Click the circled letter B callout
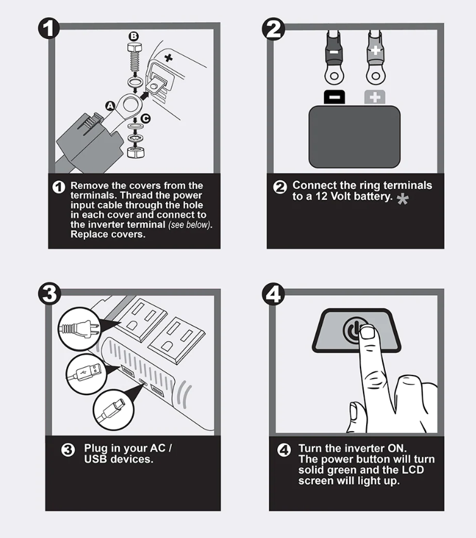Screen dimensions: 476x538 pyautogui.click(x=134, y=37)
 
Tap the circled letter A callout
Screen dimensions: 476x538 pyautogui.click(x=110, y=106)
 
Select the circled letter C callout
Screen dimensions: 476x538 pyautogui.click(x=146, y=118)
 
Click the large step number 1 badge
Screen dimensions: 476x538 pyautogui.click(x=49, y=28)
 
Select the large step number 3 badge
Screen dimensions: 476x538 pyautogui.click(x=49, y=294)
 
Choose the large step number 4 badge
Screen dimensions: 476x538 pyautogui.click(x=273, y=294)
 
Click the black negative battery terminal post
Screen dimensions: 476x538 pyautogui.click(x=335, y=97)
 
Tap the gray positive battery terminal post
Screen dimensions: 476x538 pyautogui.click(x=375, y=97)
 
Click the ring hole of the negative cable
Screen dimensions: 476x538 pyautogui.click(x=335, y=75)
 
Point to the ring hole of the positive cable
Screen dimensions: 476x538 pyautogui.click(x=376, y=75)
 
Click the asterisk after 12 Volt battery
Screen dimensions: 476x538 pyautogui.click(x=403, y=199)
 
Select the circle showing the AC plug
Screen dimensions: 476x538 pyautogui.click(x=79, y=329)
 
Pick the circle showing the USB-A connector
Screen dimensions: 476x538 pyautogui.click(x=86, y=374)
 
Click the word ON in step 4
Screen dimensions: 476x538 pyautogui.click(x=396, y=448)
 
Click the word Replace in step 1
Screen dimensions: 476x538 pyautogui.click(x=88, y=235)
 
